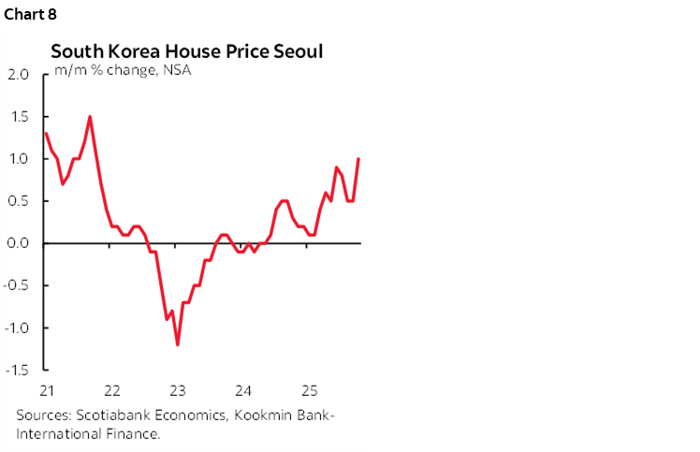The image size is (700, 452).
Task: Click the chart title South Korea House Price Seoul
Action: (x=186, y=51)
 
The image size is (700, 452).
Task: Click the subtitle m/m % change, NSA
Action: (x=122, y=70)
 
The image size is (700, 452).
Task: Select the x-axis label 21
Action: (x=45, y=389)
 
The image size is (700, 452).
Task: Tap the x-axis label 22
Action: (x=110, y=389)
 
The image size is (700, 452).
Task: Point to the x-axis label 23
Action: (x=177, y=389)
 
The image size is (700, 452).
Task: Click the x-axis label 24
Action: (x=243, y=389)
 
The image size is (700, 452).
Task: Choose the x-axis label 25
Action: (x=309, y=389)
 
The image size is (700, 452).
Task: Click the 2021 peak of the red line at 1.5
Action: (x=90, y=117)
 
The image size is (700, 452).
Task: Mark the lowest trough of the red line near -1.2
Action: (x=178, y=344)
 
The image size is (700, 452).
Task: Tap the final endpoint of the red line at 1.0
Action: (x=359, y=159)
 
